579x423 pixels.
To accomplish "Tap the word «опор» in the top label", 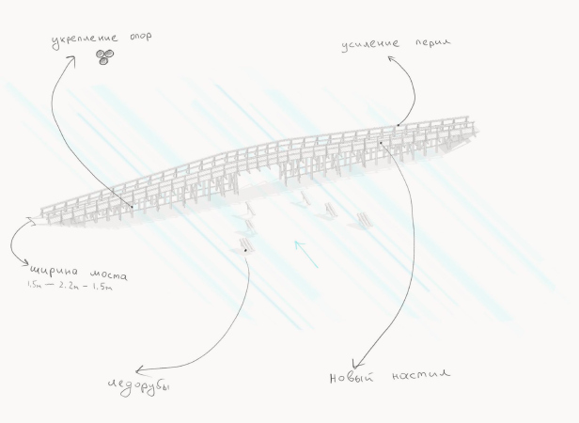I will click(137, 37).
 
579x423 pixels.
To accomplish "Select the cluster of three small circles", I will click(104, 57).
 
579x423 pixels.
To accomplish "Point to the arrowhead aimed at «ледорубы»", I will click(137, 370).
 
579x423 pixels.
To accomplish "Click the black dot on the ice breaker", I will click(244, 251).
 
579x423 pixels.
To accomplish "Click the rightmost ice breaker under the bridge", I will click(364, 221).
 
